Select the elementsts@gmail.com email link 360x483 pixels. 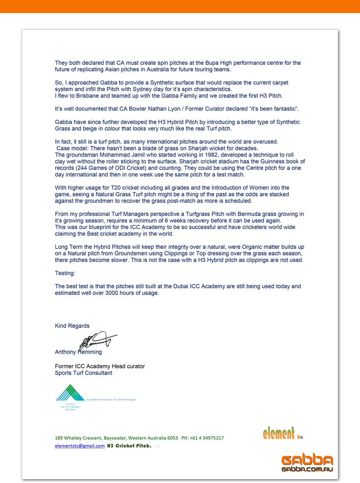[80, 446]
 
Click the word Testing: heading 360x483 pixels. [65, 273]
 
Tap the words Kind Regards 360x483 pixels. [72, 326]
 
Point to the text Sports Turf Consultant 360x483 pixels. [84, 373]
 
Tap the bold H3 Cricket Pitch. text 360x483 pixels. [129, 446]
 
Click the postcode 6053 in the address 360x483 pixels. [172, 438]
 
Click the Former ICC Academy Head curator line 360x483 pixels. [100, 366]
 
